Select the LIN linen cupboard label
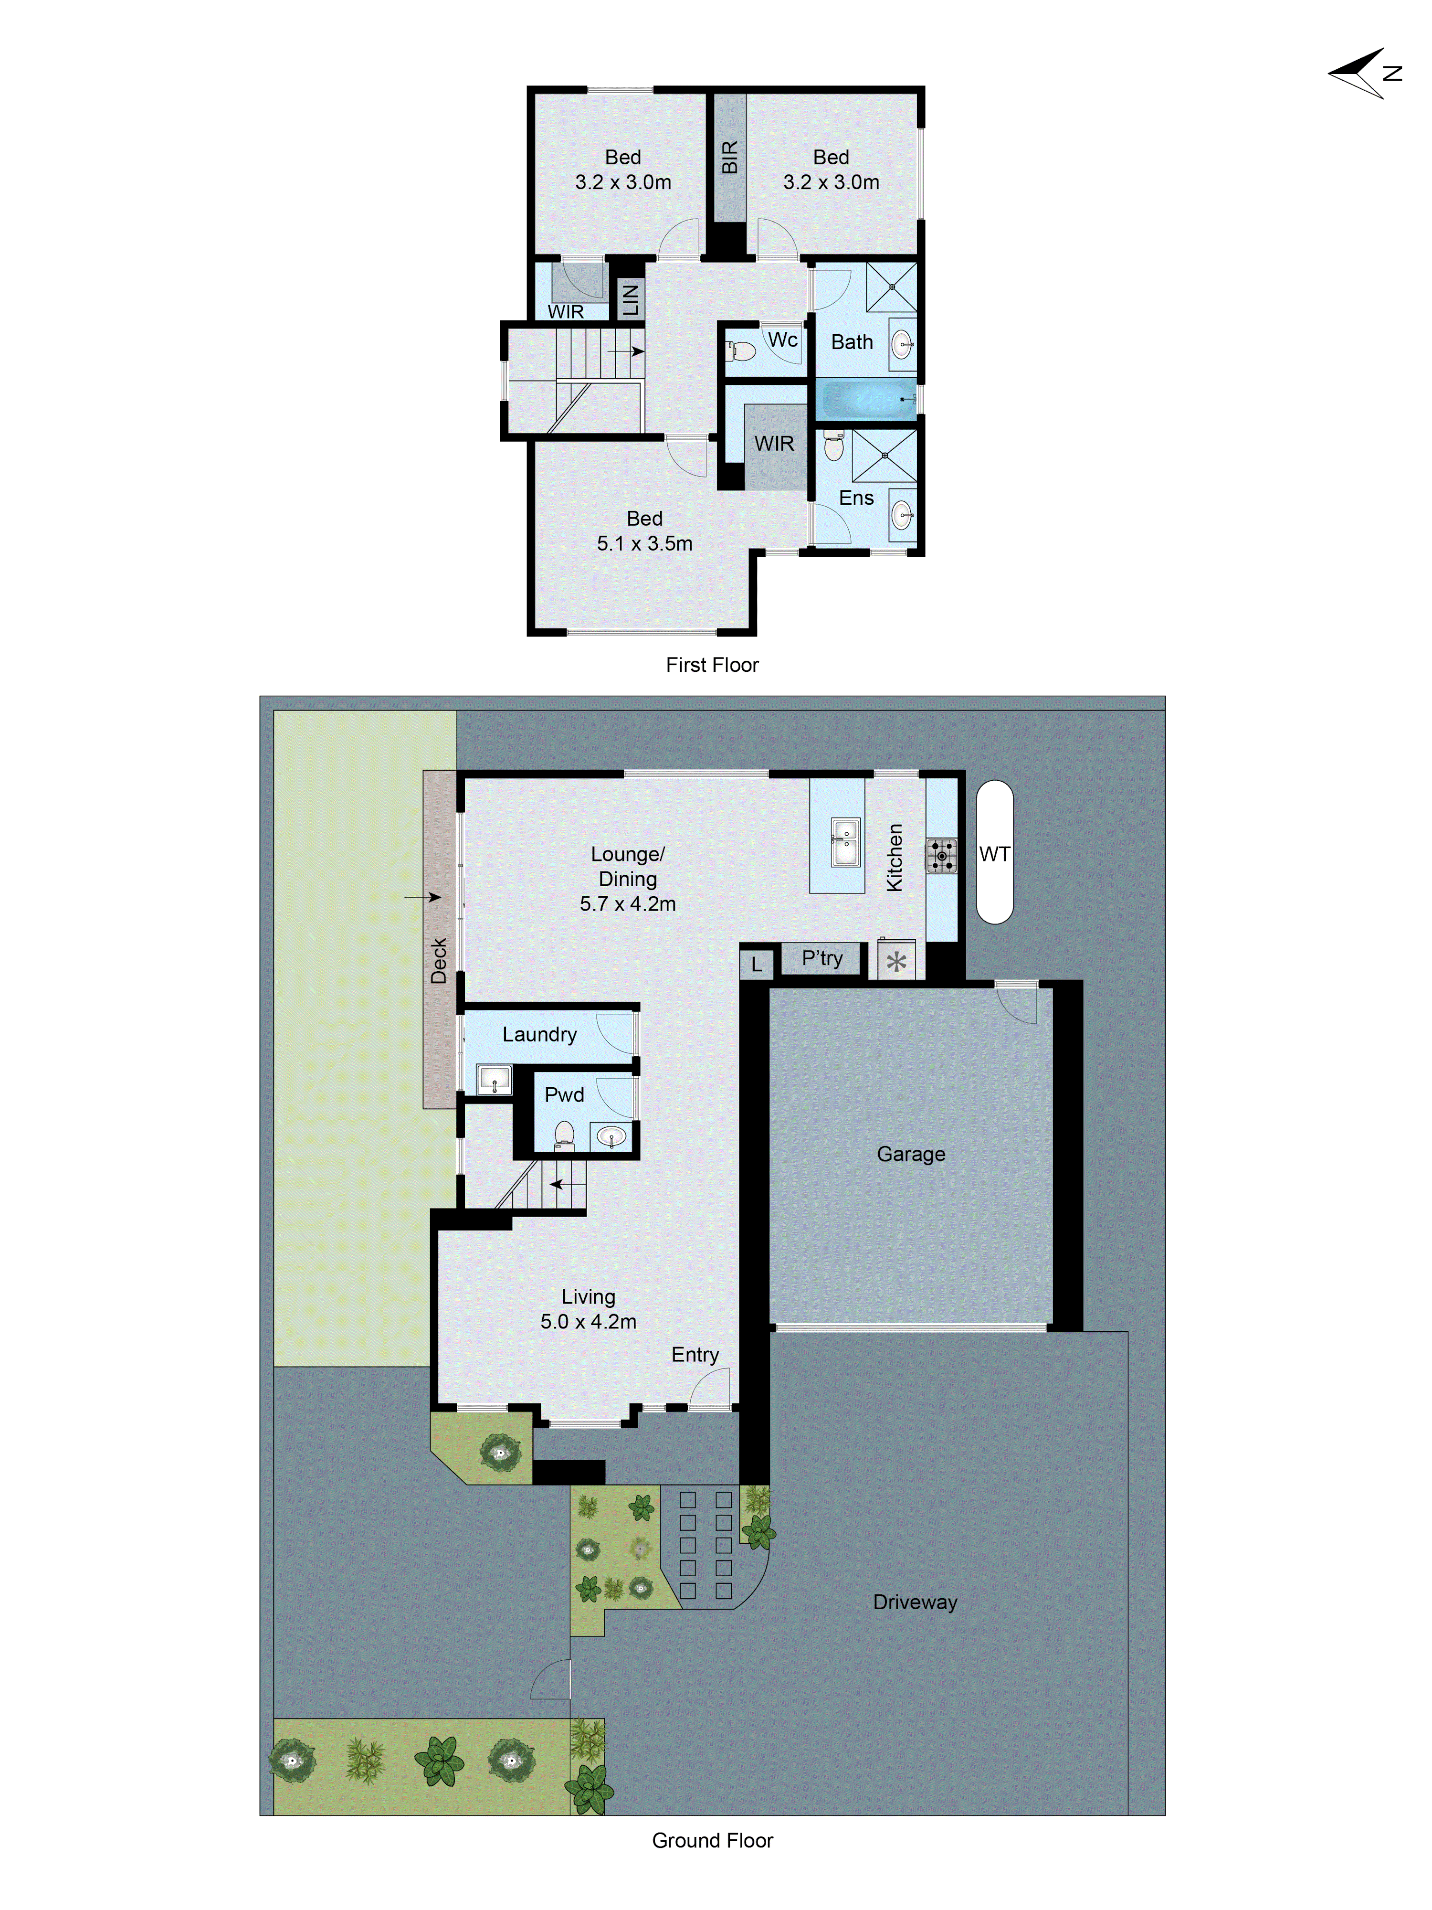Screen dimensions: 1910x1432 [630, 299]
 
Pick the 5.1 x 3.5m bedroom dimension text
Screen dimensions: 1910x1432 [645, 543]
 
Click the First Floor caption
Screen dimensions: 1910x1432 [712, 665]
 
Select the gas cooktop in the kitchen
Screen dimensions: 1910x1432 [941, 855]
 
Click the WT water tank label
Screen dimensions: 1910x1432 [994, 854]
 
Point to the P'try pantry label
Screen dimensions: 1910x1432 [822, 957]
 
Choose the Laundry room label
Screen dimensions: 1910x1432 [539, 1034]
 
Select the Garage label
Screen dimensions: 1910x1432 [911, 1154]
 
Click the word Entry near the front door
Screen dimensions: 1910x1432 [695, 1354]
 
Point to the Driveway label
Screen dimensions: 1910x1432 [915, 1602]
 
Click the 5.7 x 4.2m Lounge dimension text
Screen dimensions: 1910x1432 [628, 903]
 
